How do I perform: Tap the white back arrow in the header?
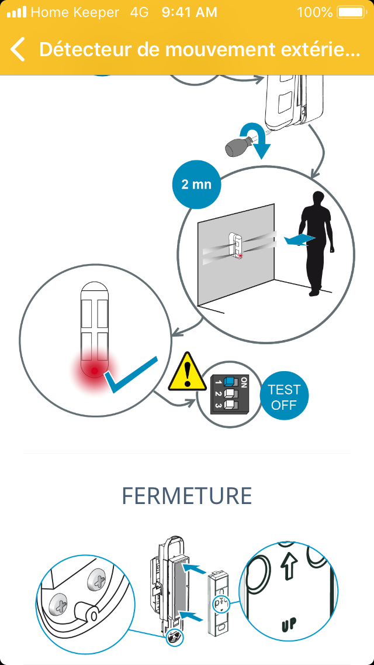pyautogui.click(x=18, y=49)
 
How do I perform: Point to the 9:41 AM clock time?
pyautogui.click(x=189, y=12)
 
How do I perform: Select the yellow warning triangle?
pyautogui.click(x=187, y=372)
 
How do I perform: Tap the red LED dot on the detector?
pyautogui.click(x=95, y=371)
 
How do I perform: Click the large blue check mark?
pyautogui.click(x=132, y=375)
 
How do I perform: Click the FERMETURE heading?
pyautogui.click(x=187, y=496)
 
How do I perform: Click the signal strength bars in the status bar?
pyautogui.click(x=17, y=12)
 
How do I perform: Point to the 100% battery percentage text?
pyautogui.click(x=315, y=12)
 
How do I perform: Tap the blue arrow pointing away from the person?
pyautogui.click(x=299, y=239)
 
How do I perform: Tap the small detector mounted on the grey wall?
pyautogui.click(x=236, y=245)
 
